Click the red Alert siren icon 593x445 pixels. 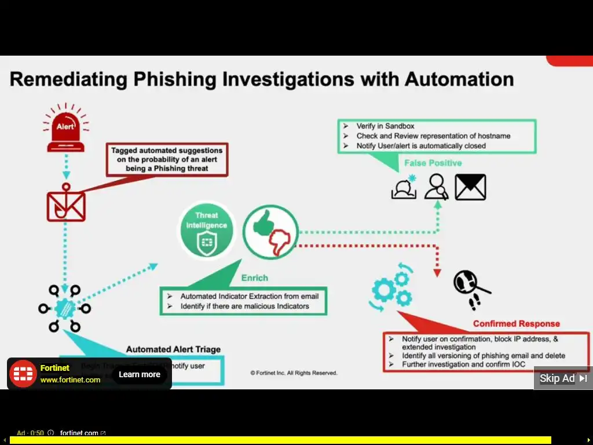[65, 130]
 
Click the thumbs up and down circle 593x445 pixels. [270, 232]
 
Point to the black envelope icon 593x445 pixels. [470, 187]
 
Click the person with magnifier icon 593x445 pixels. [436, 187]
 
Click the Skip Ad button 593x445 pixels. [563, 378]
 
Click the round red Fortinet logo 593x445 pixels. [24, 374]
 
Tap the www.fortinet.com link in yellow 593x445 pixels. [70, 380]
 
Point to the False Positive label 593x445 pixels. [433, 163]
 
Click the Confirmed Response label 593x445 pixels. [517, 324]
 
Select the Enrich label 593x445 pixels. [255, 278]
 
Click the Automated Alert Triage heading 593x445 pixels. [173, 349]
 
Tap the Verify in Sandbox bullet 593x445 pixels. [385, 126]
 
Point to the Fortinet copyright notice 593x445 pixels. [294, 373]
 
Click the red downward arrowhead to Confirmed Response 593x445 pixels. [437, 272]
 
